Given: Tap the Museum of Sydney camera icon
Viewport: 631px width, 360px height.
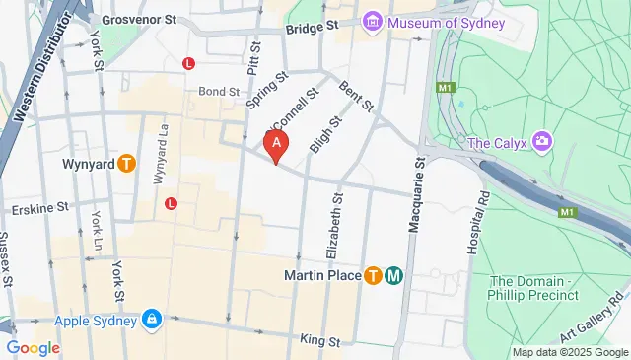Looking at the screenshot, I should coord(373,22).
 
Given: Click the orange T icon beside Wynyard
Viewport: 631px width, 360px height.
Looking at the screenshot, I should coord(126,164).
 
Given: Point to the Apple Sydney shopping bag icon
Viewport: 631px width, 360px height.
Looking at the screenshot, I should coord(152,320).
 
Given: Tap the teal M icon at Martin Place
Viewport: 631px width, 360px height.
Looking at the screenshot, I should coord(393,275).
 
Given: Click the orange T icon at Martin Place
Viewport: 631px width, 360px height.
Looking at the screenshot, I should coord(374,275).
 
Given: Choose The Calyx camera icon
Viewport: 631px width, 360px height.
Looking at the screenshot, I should coord(541,143).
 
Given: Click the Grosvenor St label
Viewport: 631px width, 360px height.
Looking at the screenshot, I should coord(139,18).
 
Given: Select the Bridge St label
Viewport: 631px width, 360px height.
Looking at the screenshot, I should coord(312,29).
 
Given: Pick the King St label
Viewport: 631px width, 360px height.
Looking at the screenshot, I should coord(319,341).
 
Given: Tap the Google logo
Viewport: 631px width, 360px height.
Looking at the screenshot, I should coord(33,347).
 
